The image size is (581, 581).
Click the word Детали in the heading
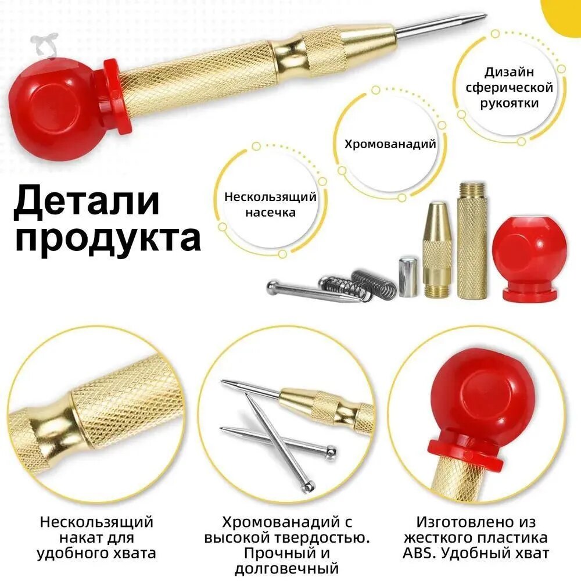pos(87,202)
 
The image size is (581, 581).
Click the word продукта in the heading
pos(108,238)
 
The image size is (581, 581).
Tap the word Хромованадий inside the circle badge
pos(390,144)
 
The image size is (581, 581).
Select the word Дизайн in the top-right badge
pos(509,71)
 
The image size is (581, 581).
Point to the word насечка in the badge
pos(271,213)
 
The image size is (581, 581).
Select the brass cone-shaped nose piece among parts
pos(437,249)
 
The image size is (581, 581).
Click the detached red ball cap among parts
pos(530,259)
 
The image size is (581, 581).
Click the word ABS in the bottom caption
pos(417,553)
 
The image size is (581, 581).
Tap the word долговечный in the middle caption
pos(287,568)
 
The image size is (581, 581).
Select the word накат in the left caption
pos(78,537)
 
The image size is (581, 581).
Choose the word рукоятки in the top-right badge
pos(509,103)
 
